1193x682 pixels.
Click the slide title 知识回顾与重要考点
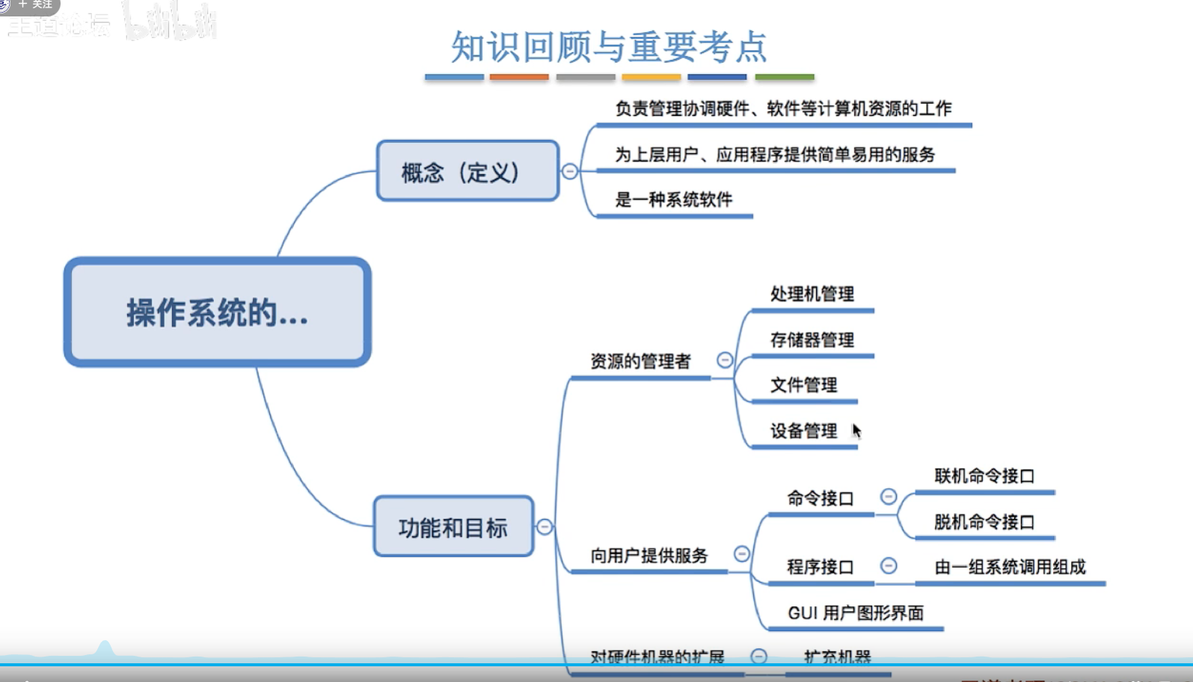click(609, 47)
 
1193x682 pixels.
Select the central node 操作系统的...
click(218, 313)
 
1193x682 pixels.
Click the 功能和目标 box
click(453, 527)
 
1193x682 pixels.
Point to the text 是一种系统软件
click(673, 200)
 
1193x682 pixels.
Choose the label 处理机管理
click(812, 294)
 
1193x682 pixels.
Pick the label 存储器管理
click(812, 340)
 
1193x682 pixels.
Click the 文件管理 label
click(804, 385)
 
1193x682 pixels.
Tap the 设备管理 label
click(804, 431)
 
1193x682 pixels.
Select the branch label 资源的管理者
click(640, 362)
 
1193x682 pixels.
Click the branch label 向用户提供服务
click(649, 556)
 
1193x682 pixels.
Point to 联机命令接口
click(984, 476)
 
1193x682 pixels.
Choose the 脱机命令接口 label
click(984, 522)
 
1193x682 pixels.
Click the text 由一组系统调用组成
click(1010, 567)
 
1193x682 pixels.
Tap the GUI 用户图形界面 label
click(856, 613)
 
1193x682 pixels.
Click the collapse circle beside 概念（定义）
click(570, 171)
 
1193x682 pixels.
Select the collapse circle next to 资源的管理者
click(725, 360)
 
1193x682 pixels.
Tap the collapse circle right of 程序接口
click(889, 565)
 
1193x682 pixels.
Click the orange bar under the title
click(519, 76)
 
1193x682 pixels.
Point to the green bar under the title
click(785, 76)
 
